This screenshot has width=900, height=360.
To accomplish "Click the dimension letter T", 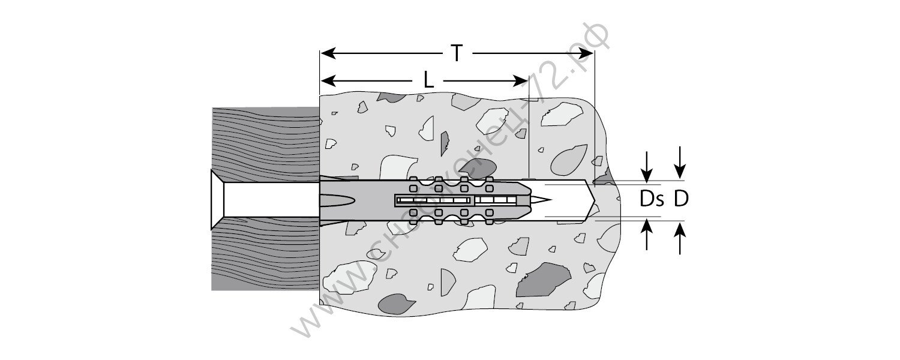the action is coord(457,53).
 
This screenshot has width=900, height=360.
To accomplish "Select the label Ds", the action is coord(650,199).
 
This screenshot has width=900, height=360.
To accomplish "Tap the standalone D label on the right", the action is coord(680,199).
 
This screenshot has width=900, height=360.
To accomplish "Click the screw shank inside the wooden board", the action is coord(270,199).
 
